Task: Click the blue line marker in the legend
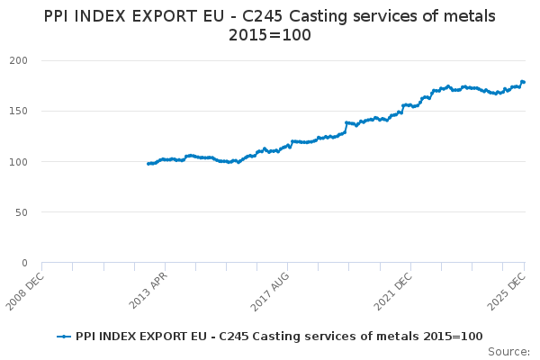click(x=64, y=336)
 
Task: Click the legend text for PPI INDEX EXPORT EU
click(x=279, y=336)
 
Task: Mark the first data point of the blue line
click(x=148, y=164)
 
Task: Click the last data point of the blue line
click(x=524, y=82)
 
